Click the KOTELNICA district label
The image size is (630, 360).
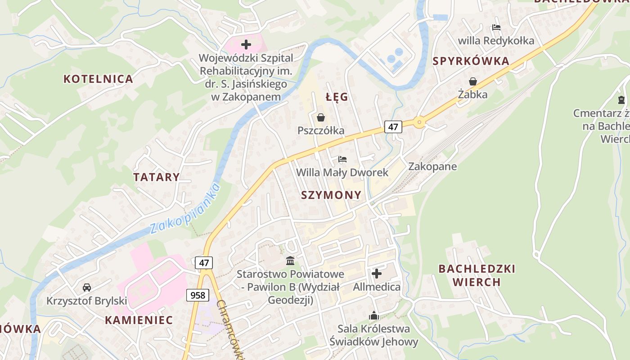click(x=98, y=79)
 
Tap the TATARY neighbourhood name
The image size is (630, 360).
click(x=156, y=177)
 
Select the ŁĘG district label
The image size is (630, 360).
click(x=337, y=97)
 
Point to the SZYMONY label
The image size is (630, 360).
click(x=331, y=195)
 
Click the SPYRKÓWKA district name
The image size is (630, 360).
click(x=471, y=61)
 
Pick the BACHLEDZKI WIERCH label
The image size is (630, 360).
click(x=477, y=275)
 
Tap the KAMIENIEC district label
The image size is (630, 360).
click(x=139, y=320)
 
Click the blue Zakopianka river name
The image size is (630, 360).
click(x=184, y=208)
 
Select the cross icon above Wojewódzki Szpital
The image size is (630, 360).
click(x=246, y=45)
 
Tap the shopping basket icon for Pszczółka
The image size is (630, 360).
click(x=321, y=117)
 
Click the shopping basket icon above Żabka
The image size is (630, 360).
click(x=473, y=81)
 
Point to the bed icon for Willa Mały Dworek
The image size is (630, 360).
click(x=342, y=159)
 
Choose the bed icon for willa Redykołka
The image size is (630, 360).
click(x=496, y=27)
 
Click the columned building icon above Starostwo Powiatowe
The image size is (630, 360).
click(x=290, y=261)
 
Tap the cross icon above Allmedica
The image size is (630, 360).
click(x=377, y=273)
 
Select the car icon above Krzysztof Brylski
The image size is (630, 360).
click(x=87, y=287)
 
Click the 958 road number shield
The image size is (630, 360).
click(x=198, y=295)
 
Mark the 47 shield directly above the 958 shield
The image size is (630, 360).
click(x=204, y=262)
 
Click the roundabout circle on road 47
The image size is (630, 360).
click(x=419, y=121)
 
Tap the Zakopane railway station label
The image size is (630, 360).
click(x=432, y=166)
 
